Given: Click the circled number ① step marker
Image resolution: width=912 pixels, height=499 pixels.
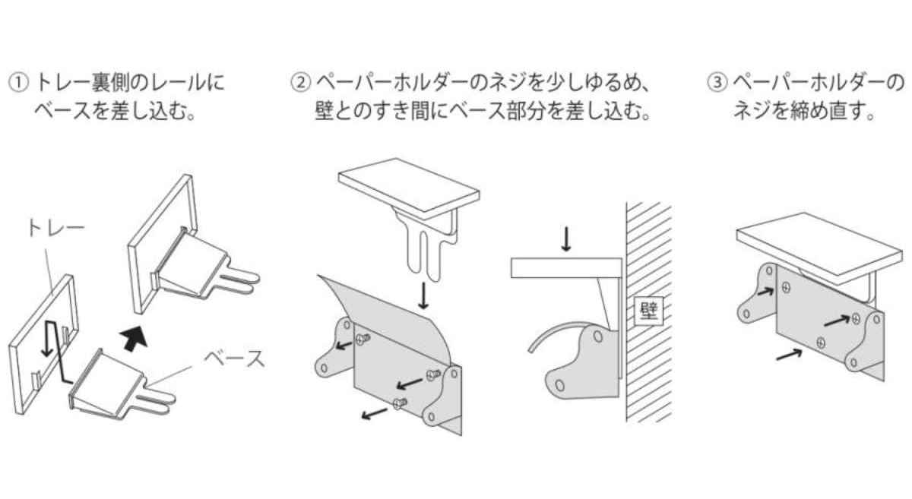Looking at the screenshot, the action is point(18,83).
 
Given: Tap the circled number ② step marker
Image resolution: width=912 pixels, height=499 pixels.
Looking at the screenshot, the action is point(300,83).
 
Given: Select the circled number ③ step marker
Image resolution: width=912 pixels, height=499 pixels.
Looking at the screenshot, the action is point(717,83).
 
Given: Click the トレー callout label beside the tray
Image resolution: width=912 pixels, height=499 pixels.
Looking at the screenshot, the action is point(56,228).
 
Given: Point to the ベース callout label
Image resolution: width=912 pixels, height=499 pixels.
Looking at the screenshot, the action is point(234,358).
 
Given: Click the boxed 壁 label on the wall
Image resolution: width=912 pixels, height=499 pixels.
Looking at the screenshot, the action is point(649,311).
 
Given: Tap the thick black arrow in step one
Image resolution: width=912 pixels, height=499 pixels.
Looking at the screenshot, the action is point(134,337).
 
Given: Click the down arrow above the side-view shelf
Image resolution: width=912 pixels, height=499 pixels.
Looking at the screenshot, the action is point(566,239).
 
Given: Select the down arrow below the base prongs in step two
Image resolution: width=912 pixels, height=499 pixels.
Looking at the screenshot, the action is point(424,296).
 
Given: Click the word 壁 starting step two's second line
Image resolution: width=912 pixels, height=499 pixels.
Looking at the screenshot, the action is point(325,112).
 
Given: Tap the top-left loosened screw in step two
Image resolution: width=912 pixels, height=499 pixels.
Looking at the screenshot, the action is point(363,338).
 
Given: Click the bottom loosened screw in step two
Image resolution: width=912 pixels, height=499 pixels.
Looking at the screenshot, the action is point(400,403).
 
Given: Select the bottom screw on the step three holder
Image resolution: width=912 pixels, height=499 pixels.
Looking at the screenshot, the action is point(821,343).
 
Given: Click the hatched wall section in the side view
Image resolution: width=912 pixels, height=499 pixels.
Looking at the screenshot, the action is point(649,311).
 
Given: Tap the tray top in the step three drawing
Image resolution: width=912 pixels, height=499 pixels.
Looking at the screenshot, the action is point(819,248).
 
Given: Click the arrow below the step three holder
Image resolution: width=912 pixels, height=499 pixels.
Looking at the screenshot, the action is point(789,355).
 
